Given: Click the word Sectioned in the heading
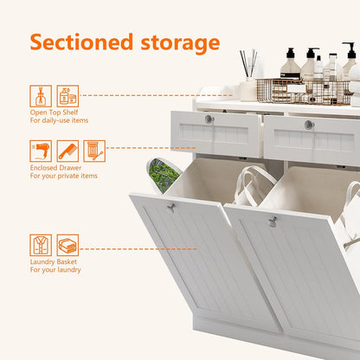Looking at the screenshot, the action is pos(81,42).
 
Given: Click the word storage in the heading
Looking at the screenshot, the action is pos(180,44).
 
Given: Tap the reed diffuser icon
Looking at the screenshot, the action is pos(41,96).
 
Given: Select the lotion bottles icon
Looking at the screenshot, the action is pos(67,96).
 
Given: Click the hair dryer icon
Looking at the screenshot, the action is pos(41,151).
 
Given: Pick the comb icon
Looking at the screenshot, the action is pos(67,151).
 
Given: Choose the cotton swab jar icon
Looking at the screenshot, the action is pos(94,151).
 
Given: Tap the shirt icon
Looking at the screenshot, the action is pos(41,245).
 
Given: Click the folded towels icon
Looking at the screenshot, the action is pos(67,245).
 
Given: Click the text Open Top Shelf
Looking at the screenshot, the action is pos(54,112).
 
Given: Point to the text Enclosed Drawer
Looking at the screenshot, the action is pos(55,168).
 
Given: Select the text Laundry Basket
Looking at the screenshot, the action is pos(54,262).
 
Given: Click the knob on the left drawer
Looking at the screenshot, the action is pos(209,119).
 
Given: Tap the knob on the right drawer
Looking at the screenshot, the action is pos(309,125).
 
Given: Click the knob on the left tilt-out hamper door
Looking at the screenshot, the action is pos(170,208).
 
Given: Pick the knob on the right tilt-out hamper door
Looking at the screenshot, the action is pos(272,222).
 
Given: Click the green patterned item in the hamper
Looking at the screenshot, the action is pos(162,175).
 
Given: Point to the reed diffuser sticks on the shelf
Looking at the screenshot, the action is pos(248,62).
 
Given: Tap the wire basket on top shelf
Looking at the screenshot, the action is pos(304,92).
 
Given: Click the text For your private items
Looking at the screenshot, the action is pos(64,176).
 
